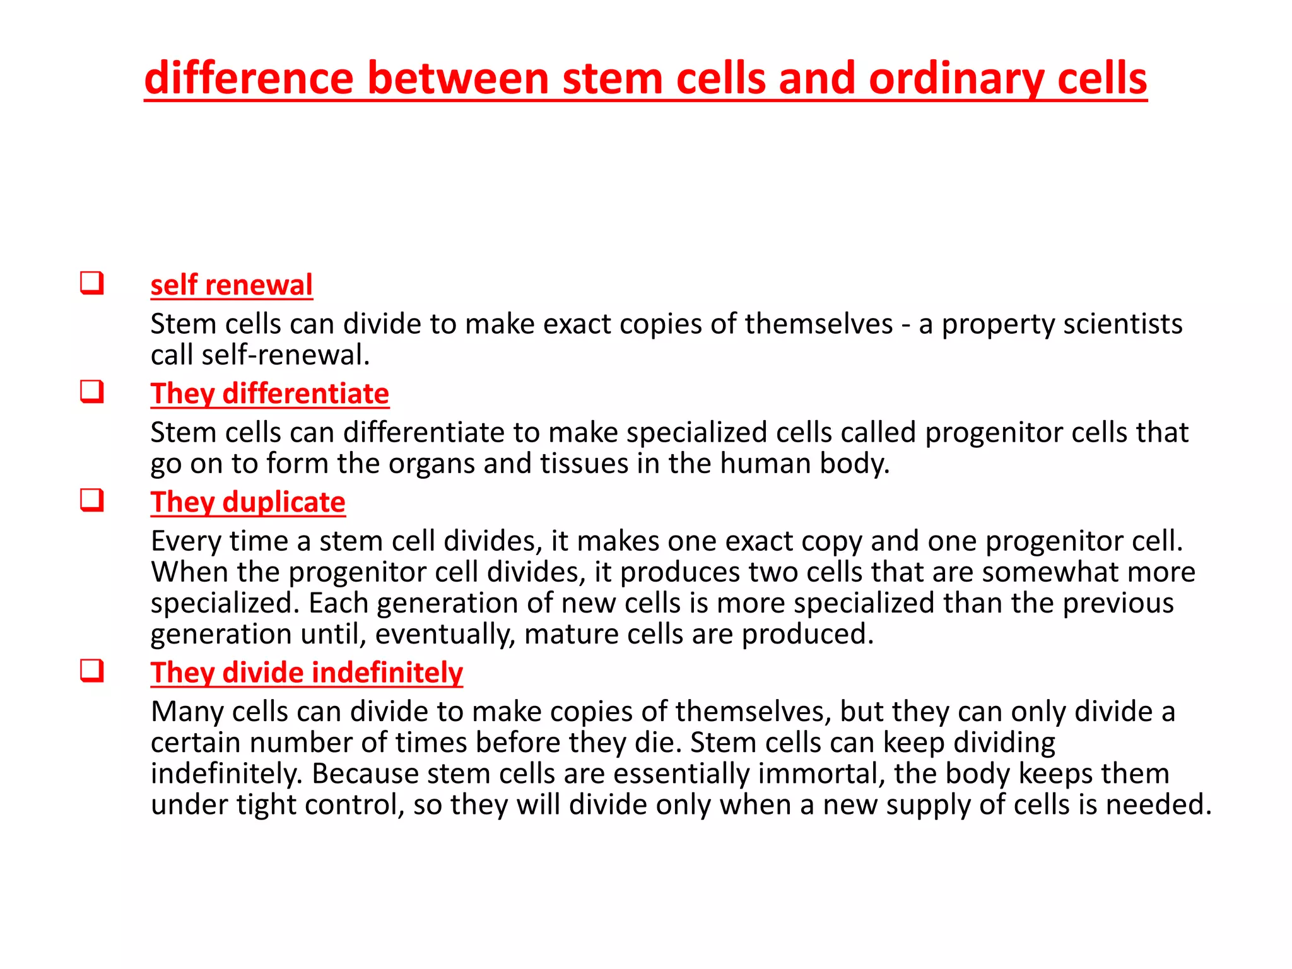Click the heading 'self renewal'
[x=231, y=285]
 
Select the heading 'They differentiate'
[x=269, y=394]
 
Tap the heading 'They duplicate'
[x=247, y=502]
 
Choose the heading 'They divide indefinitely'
[x=307, y=672]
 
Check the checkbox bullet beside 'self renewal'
[x=92, y=283]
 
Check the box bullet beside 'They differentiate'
[x=92, y=391]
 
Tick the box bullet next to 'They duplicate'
[x=92, y=500]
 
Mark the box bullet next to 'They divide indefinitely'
[x=92, y=670]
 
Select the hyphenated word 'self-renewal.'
[x=285, y=355]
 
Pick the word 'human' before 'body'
[x=765, y=464]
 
